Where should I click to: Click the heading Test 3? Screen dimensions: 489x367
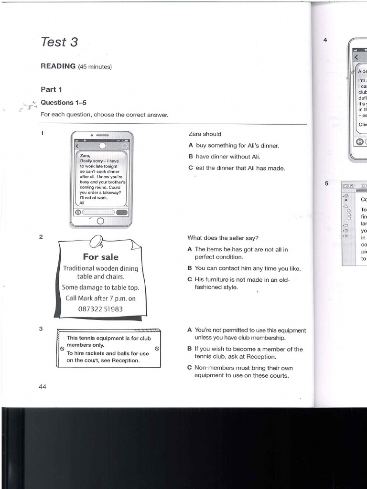59,43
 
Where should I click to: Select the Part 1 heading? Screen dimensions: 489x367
51,89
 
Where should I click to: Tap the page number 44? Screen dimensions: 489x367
43,387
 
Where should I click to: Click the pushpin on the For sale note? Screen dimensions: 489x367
97,241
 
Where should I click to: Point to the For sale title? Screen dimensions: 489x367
100,257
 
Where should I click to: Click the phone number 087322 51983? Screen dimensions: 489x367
100,309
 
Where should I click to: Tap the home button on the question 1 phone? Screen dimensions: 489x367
100,221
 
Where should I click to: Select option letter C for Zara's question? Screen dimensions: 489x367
190,168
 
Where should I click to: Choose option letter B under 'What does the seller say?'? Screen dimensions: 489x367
190,268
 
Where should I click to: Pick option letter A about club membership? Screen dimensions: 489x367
190,330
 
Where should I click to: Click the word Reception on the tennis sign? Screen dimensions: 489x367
125,361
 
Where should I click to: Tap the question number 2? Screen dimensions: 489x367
42,237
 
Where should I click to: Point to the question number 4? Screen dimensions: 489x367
325,40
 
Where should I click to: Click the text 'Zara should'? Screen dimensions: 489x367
205,134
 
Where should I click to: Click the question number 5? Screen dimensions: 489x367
326,183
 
